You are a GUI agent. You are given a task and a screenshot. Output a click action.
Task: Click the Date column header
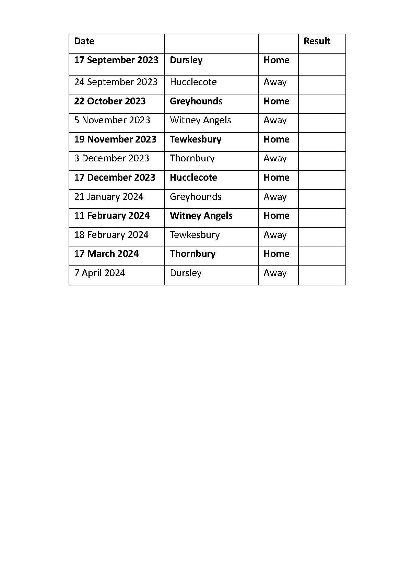[84, 41]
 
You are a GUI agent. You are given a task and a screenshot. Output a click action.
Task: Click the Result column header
[317, 41]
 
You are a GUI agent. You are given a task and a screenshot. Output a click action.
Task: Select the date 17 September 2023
[116, 60]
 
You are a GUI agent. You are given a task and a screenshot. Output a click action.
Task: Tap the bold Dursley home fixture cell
[186, 60]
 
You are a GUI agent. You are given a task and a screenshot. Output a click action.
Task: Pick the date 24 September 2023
[116, 82]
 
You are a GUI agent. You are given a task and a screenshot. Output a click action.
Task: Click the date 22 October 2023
[110, 101]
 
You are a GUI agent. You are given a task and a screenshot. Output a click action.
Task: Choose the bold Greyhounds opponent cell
[196, 101]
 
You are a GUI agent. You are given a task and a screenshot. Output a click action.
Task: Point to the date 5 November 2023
[112, 120]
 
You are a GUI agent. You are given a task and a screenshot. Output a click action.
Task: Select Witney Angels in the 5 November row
[200, 120]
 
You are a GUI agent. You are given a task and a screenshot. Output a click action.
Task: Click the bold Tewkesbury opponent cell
[196, 139]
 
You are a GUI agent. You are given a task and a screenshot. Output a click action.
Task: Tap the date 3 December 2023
[111, 158]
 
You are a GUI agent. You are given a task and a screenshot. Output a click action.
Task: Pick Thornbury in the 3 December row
[192, 158]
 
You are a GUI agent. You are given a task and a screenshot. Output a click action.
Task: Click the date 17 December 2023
[115, 178]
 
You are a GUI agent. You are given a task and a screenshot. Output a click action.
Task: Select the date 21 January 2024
[109, 197]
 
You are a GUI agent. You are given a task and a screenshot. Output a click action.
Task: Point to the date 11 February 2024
[112, 216]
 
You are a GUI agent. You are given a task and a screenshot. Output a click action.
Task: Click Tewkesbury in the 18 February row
[195, 235]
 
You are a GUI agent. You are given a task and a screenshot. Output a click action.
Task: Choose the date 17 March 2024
[106, 254]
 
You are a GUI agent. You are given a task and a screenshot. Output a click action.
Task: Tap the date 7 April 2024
[99, 273]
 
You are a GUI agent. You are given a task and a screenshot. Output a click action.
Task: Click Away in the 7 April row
[275, 273]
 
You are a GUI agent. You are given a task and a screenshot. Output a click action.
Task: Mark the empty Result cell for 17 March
[322, 256]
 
